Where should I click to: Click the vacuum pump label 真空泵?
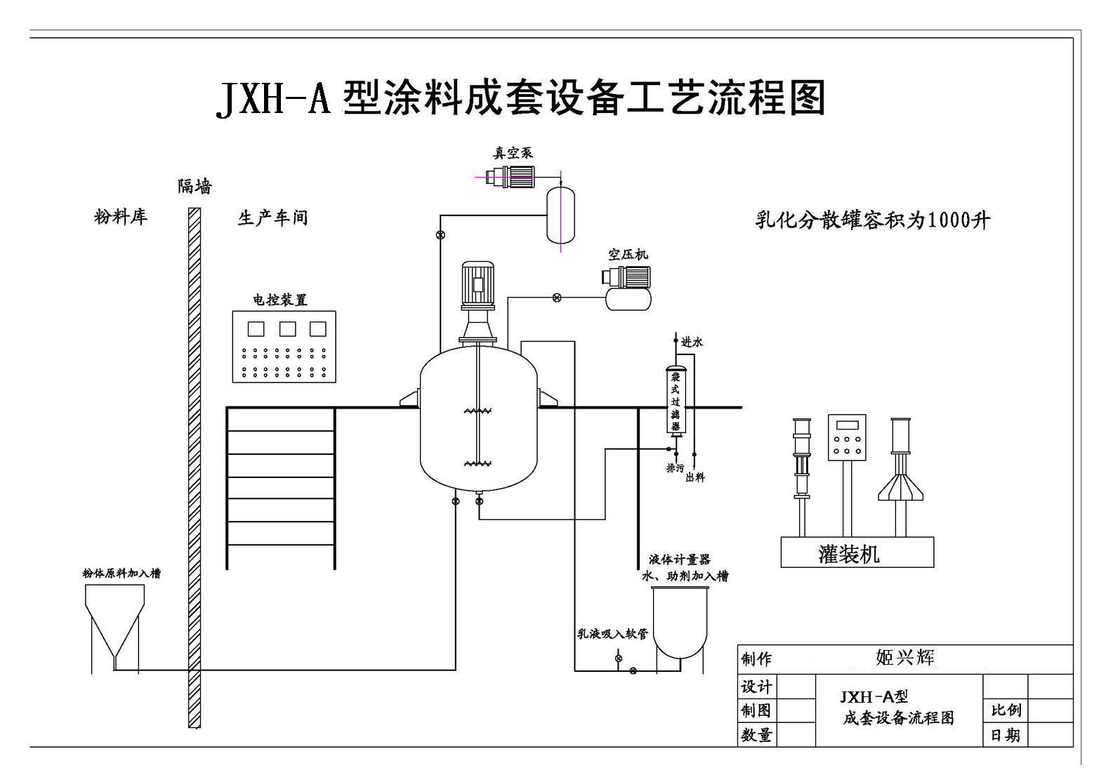pos(513,153)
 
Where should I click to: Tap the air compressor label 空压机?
pos(628,255)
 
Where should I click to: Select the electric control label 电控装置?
pos(280,300)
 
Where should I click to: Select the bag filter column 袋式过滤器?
pos(676,401)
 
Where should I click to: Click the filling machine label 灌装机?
pos(849,554)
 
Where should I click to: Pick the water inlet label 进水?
pos(692,343)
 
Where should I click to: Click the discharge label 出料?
pos(694,477)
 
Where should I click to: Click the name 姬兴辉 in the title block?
pos(905,658)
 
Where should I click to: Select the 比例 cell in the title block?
pos(1006,710)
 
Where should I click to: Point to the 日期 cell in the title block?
pos(1006,735)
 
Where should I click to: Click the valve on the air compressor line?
pos(557,298)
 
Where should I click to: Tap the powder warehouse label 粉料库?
pos(121,217)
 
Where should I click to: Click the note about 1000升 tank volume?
pos(872,220)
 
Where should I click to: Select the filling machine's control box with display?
pos(846,438)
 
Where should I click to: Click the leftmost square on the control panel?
pos(256,329)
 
